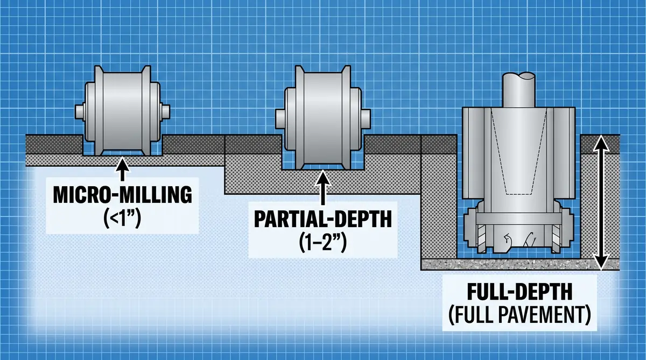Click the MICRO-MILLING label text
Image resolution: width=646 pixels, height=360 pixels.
(123, 195)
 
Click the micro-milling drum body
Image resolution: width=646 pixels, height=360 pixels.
(123, 113)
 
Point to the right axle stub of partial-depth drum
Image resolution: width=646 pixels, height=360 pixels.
(366, 117)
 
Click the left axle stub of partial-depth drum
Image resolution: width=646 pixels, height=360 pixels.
(279, 117)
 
